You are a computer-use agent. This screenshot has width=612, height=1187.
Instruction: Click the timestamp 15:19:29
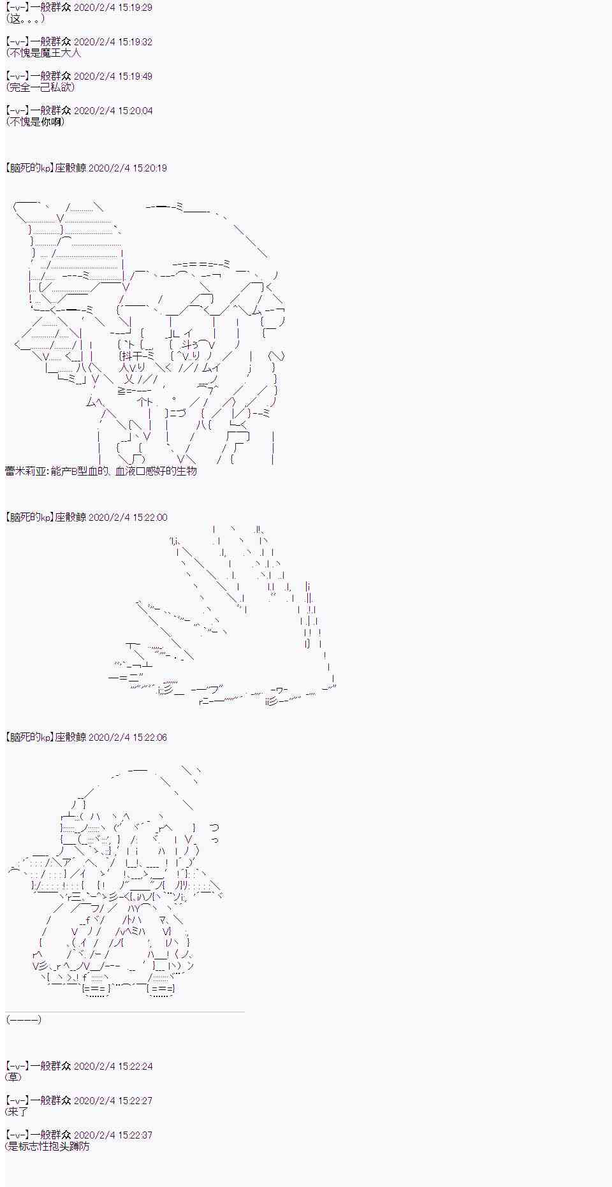click(x=134, y=7)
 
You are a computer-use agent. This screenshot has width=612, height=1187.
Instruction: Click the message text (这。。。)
click(x=25, y=18)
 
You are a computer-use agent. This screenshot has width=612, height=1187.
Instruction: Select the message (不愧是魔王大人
click(x=43, y=53)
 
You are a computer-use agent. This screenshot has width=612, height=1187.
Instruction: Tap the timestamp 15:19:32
click(x=134, y=41)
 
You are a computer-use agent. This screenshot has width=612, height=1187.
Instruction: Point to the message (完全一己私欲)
click(x=40, y=87)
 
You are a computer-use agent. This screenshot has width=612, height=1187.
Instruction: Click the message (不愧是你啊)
click(x=35, y=122)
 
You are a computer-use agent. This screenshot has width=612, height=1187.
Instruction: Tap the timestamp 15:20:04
click(x=134, y=110)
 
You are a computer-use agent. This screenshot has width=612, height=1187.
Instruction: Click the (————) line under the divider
click(x=24, y=1019)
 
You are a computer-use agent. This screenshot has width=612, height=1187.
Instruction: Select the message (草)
click(x=13, y=1077)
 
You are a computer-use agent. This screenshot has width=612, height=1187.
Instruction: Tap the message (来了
click(x=17, y=1111)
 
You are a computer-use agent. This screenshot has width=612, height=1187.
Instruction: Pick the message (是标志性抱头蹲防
click(x=48, y=1146)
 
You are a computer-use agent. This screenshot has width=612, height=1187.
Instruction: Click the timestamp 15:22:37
click(x=134, y=1134)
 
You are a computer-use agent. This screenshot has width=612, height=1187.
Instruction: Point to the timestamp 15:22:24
click(x=134, y=1065)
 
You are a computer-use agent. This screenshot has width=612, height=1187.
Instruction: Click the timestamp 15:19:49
click(x=134, y=76)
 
